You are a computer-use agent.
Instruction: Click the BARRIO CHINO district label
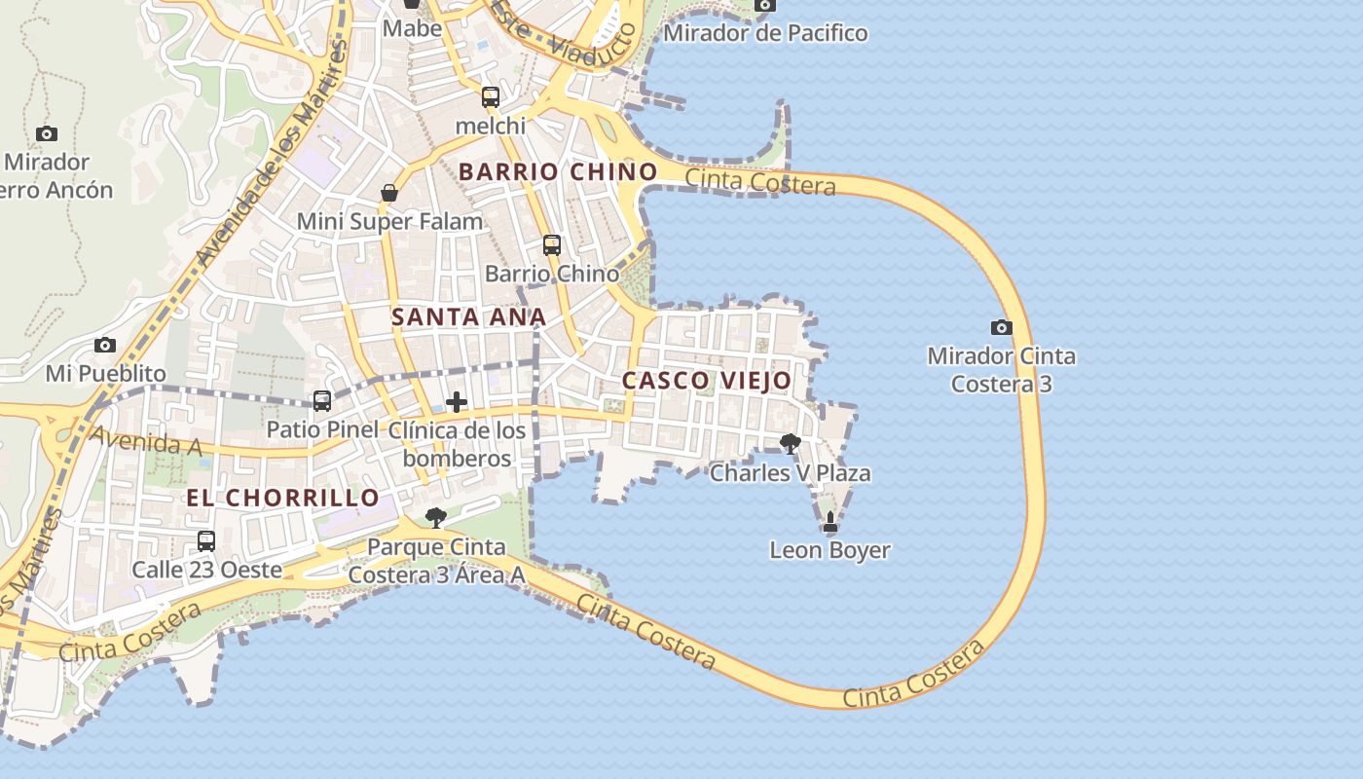click(558, 172)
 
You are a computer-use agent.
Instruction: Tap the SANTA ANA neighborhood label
click(468, 316)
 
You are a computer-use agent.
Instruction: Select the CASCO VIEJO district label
click(707, 381)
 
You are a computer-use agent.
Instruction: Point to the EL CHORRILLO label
click(282, 498)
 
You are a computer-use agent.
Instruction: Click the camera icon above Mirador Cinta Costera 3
click(1001, 327)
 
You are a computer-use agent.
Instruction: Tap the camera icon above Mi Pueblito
click(105, 345)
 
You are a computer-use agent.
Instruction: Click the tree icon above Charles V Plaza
click(791, 444)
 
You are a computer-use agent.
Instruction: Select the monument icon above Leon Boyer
click(830, 522)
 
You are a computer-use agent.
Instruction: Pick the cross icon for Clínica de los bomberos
click(456, 401)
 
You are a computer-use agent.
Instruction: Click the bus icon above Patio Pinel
click(322, 400)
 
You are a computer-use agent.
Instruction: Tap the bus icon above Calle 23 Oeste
click(206, 540)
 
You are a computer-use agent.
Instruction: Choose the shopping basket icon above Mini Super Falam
click(389, 193)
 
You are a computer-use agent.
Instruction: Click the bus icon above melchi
click(491, 97)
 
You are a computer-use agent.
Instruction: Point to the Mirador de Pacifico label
click(765, 33)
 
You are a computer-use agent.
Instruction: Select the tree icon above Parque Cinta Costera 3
click(436, 517)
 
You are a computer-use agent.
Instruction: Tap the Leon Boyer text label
click(829, 550)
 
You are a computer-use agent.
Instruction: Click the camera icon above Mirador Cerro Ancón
click(46, 133)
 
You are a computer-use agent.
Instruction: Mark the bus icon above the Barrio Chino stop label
click(552, 244)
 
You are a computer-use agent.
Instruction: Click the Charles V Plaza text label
click(790, 473)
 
